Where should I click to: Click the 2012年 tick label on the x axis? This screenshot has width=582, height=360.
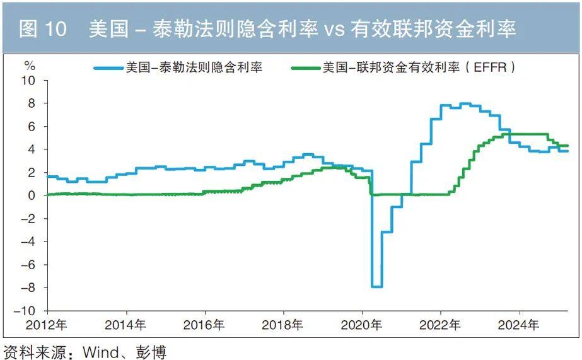point(48,325)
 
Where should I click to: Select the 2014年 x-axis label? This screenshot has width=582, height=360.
point(126,325)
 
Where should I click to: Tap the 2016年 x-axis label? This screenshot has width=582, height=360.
point(205,325)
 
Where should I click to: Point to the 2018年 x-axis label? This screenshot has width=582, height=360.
point(283,325)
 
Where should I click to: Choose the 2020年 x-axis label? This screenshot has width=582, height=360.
point(362,325)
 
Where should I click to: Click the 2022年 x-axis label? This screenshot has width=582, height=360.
point(440,325)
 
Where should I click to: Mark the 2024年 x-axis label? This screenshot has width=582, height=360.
point(519,325)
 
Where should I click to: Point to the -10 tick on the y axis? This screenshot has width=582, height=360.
point(28,311)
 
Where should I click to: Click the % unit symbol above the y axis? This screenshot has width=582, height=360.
point(30,65)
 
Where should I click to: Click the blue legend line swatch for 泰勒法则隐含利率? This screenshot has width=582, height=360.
point(109,67)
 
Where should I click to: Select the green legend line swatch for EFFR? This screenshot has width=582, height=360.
point(306,67)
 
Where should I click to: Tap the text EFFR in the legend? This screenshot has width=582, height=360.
point(489,67)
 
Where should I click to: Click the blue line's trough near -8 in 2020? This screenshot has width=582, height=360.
point(376,286)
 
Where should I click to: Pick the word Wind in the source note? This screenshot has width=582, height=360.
point(98,351)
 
